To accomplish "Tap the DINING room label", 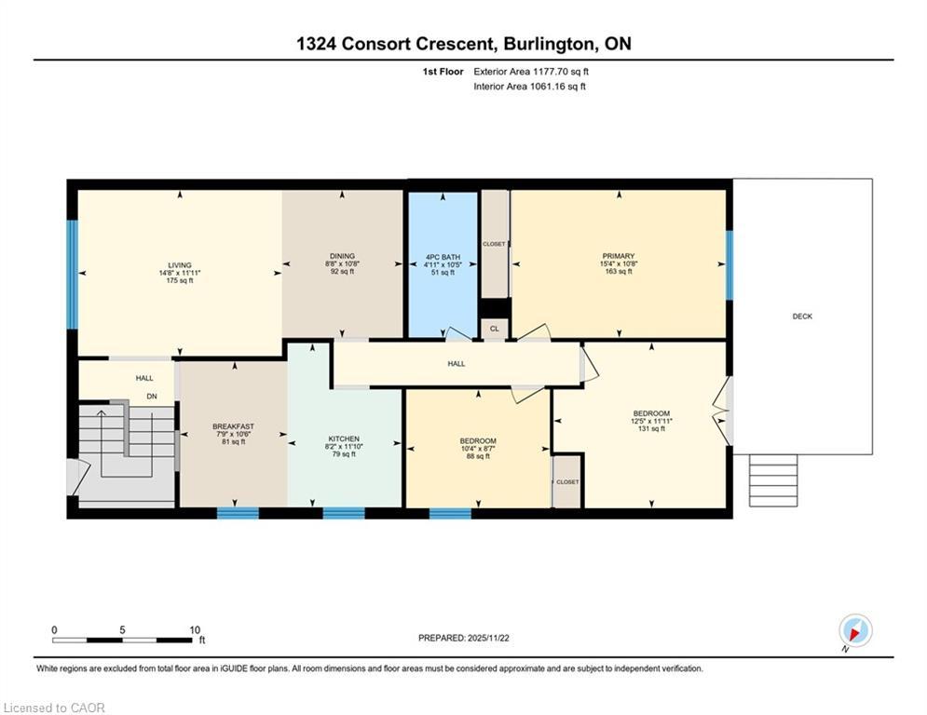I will point(342,256).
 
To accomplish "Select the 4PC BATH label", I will point(443,256).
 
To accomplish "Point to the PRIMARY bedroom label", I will point(618,256).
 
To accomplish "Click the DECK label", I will point(802,317).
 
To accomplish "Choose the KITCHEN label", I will point(343,438).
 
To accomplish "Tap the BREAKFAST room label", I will point(233,426).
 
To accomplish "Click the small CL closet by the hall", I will point(495,329).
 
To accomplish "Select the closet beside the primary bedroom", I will point(494,244).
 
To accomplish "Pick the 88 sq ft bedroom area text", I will point(477,456).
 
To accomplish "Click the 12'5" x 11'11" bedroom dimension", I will point(651,421).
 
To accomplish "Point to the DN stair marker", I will point(152,396).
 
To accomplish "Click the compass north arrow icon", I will point(854,630).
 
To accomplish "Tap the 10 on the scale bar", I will point(195,630).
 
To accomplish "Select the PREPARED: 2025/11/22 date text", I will point(463,638).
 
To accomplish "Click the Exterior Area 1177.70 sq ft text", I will point(531,71).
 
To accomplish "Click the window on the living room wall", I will point(72,274).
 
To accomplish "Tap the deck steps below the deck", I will point(773,479).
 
